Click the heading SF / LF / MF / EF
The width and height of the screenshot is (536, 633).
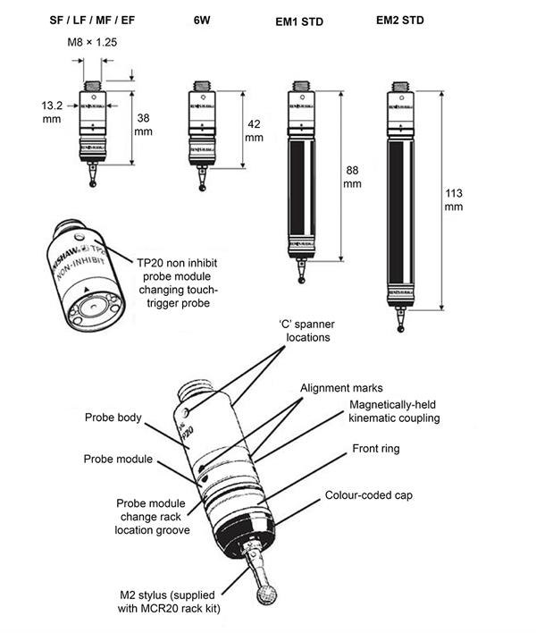pos(93,20)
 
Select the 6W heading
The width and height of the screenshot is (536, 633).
pos(203,20)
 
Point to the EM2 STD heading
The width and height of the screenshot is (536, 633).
pos(399,20)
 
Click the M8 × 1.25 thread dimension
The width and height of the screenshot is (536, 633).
pos(93,42)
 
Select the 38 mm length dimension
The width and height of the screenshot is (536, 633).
pos(143,124)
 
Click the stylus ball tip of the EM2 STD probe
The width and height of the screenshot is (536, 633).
pos(399,327)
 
